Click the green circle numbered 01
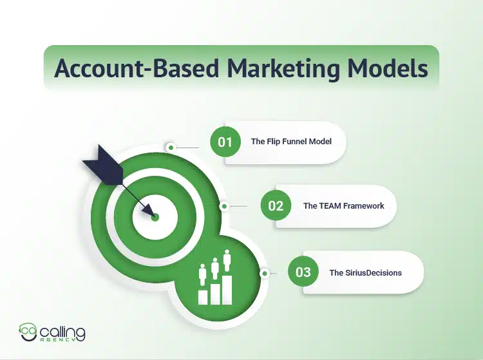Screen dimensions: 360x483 [x=224, y=141]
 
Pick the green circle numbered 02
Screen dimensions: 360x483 [x=275, y=206]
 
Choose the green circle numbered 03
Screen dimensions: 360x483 [x=303, y=272]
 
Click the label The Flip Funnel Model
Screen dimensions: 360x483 [x=292, y=141]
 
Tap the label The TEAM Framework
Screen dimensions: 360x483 [x=343, y=206]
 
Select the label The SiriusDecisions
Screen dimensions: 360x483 [x=365, y=272]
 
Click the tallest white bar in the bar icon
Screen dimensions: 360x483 [x=227, y=286]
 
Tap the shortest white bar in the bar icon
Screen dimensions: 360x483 [x=203, y=297]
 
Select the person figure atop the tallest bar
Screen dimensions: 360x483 [x=227, y=261]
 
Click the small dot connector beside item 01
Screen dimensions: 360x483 [x=171, y=147]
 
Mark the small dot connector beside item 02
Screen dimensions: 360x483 [x=224, y=207]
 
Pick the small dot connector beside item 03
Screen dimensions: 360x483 [x=264, y=273]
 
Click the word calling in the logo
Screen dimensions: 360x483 [x=62, y=330]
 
